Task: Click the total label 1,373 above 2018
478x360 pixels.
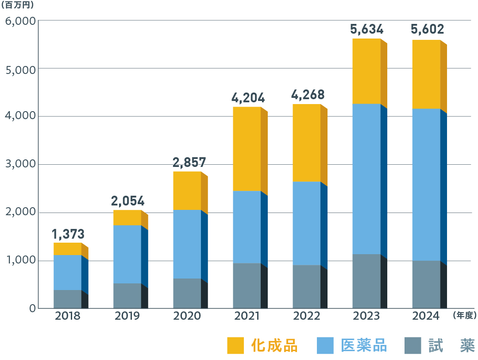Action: click(x=68, y=234)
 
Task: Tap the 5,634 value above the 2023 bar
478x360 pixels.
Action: click(x=366, y=30)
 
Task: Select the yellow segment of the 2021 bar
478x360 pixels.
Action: click(x=247, y=149)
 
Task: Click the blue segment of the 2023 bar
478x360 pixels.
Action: click(x=366, y=179)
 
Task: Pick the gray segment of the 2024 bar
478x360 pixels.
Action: click(x=426, y=284)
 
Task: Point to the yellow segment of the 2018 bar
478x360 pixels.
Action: click(x=68, y=249)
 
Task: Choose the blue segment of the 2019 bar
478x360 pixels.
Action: click(x=127, y=254)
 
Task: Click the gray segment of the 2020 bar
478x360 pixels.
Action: click(x=187, y=293)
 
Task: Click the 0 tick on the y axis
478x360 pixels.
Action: click(x=32, y=308)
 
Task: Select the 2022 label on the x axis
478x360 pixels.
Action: click(x=306, y=316)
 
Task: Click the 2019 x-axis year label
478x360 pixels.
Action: click(x=127, y=316)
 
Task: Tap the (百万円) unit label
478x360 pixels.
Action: click(x=17, y=6)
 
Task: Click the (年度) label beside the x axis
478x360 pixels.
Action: click(x=464, y=315)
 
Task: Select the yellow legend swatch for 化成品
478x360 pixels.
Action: click(x=235, y=345)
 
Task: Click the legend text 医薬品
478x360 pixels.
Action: click(x=364, y=345)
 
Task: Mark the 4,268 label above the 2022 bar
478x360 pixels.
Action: click(x=308, y=95)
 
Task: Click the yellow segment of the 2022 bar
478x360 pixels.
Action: click(x=306, y=143)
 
